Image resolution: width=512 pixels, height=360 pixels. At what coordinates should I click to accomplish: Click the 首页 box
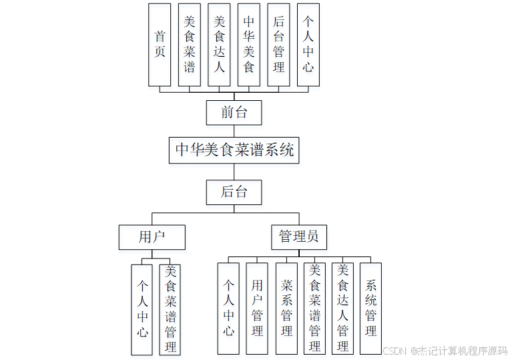[x=160, y=45]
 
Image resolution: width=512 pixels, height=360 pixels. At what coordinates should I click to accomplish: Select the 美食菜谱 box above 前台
[x=190, y=45]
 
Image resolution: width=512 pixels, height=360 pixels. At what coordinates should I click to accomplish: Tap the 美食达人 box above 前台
[x=219, y=45]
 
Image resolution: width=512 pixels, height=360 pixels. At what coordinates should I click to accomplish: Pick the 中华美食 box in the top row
[x=248, y=45]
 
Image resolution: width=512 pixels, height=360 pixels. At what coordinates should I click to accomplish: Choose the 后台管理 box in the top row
[x=278, y=45]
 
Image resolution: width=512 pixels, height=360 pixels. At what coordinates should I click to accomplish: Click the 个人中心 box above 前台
[x=308, y=45]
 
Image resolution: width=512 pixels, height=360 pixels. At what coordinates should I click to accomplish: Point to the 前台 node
[x=234, y=112]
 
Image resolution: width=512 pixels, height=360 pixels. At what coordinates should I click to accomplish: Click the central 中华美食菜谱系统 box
[x=234, y=150]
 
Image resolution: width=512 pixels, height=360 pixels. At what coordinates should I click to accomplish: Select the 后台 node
[x=234, y=192]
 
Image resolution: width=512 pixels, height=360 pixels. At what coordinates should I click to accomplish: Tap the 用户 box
[x=152, y=237]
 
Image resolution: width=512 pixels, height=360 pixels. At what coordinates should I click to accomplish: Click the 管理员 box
[x=298, y=237]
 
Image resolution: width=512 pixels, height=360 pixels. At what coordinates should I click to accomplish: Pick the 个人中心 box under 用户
[x=142, y=309]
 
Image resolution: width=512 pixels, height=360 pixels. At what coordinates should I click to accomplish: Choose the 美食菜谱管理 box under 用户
[x=170, y=309]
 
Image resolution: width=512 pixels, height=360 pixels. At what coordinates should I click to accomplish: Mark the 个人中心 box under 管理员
[x=228, y=309]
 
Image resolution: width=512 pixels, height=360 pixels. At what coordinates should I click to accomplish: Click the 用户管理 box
[x=257, y=309]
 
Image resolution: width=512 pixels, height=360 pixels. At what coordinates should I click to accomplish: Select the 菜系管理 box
[x=286, y=309]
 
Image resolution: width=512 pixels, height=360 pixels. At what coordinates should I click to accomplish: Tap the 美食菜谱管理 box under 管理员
[x=314, y=309]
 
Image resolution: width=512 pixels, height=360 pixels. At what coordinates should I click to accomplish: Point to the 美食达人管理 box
[x=342, y=309]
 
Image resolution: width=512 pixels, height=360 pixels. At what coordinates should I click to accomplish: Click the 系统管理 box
[x=370, y=309]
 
